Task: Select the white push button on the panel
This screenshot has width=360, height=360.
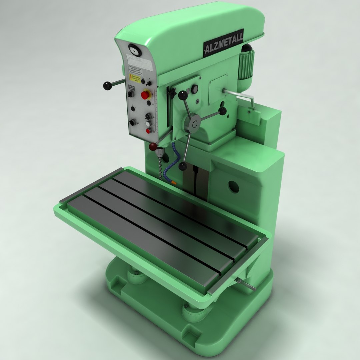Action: pyautogui.click(x=148, y=124)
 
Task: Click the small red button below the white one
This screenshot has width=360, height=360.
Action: pyautogui.click(x=148, y=131)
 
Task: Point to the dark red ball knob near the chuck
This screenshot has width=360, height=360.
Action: pyautogui.click(x=153, y=146)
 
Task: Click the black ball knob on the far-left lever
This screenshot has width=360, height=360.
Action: pyautogui.click(x=107, y=86)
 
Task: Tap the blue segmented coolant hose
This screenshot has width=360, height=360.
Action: pyautogui.click(x=171, y=160)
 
